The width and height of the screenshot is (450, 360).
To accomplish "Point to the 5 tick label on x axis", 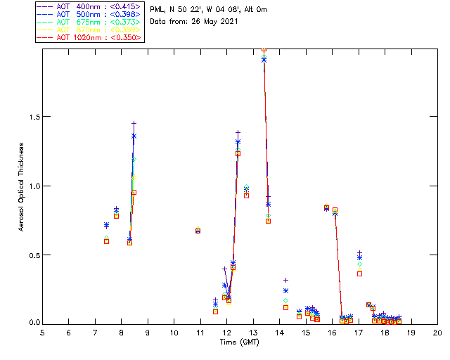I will pyautogui.click(x=42, y=333).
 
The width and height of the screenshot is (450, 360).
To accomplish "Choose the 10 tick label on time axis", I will pyautogui.click(x=174, y=333).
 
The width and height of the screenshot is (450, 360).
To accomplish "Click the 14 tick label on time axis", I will pyautogui.click(x=279, y=333).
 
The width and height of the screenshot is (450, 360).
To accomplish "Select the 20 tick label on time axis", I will pyautogui.click(x=437, y=333).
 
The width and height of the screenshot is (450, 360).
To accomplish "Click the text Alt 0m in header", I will pyautogui.click(x=255, y=10).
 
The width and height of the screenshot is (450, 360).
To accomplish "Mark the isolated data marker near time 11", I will pyautogui.click(x=198, y=231).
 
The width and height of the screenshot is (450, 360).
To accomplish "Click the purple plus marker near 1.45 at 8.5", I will pyautogui.click(x=134, y=124).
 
